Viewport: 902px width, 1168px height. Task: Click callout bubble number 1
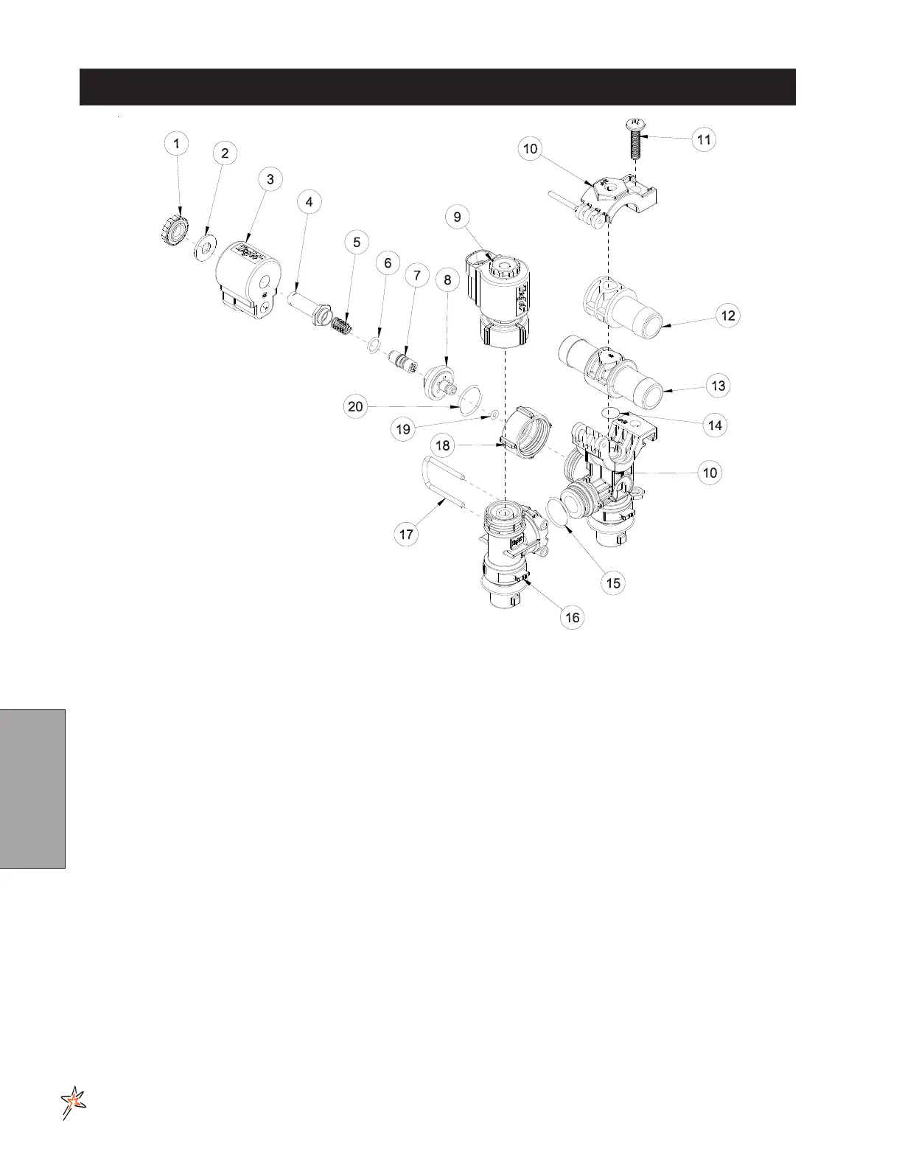click(176, 143)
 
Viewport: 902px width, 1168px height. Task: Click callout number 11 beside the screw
click(705, 139)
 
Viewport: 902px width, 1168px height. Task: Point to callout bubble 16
click(573, 617)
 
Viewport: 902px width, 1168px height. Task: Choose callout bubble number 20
click(356, 407)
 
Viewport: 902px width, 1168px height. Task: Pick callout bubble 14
click(715, 425)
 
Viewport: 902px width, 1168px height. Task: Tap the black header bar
click(438, 87)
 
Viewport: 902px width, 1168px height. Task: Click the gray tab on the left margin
click(33, 788)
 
